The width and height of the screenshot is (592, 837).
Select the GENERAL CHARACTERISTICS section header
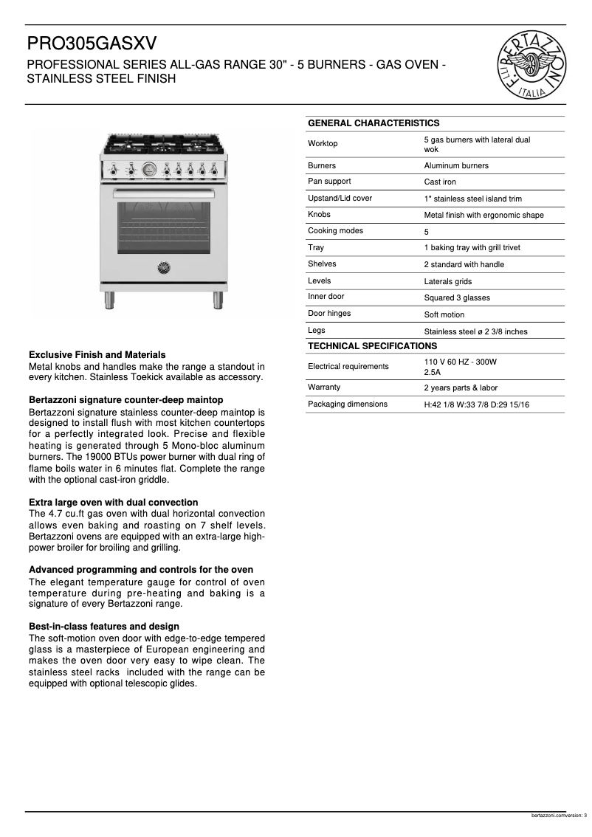pyautogui.click(x=373, y=123)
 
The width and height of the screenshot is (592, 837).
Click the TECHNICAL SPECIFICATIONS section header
pyautogui.click(x=372, y=346)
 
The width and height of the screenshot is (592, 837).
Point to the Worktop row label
pyautogui.click(x=323, y=143)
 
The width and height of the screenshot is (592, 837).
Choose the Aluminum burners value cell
pyautogui.click(x=455, y=165)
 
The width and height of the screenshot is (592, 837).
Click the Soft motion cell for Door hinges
pyautogui.click(x=444, y=314)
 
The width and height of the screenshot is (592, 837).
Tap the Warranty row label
pyautogui.click(x=324, y=387)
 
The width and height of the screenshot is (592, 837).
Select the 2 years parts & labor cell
pyautogui.click(x=460, y=387)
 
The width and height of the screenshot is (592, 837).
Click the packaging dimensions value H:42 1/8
pyautogui.click(x=476, y=404)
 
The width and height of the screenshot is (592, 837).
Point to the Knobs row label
pyautogui.click(x=319, y=214)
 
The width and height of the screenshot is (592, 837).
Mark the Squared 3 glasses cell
pyautogui.click(x=456, y=297)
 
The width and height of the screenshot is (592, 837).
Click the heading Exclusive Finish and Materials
pyautogui.click(x=97, y=355)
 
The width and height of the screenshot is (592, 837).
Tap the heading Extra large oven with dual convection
pyautogui.click(x=113, y=502)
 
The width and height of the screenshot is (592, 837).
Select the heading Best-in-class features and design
pyautogui.click(x=103, y=627)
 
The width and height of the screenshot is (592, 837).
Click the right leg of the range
pyautogui.click(x=218, y=299)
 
